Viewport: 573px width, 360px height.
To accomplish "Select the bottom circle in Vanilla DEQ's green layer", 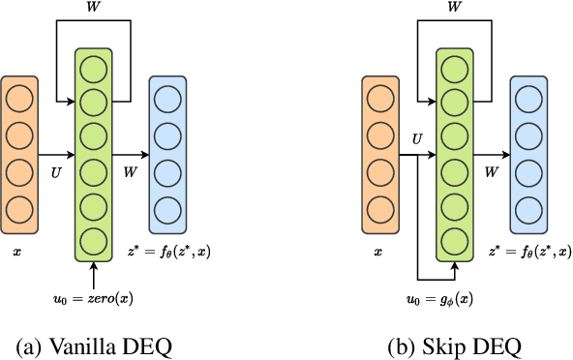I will (94, 241).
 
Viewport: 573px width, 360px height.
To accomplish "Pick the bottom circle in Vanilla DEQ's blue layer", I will (166, 207).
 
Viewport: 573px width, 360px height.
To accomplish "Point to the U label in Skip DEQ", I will (416, 140).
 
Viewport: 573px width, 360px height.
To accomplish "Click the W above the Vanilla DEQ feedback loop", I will (94, 9).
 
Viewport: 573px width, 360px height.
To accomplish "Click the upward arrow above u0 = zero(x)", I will (94, 270).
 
